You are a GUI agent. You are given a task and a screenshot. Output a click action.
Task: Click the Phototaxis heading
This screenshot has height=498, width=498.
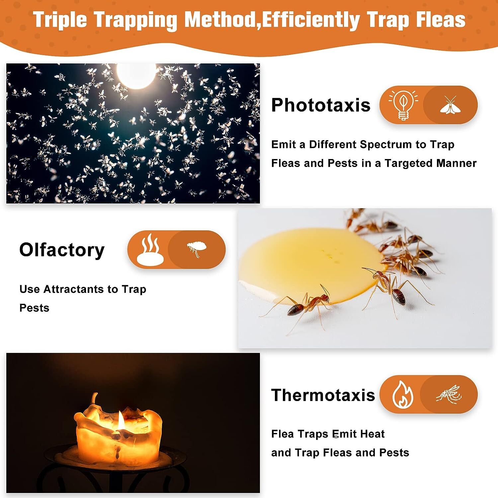click(320, 105)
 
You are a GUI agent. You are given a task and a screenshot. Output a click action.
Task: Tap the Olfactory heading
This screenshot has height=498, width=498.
click(62, 250)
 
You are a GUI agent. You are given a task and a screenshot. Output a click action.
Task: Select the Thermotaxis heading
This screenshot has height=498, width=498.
click(323, 395)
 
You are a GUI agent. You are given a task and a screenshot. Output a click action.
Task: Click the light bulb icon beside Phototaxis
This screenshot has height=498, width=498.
click(403, 105)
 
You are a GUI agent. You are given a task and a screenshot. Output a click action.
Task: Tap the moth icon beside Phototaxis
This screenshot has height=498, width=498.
click(450, 105)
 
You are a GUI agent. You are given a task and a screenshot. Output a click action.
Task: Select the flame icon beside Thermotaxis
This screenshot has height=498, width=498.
click(402, 394)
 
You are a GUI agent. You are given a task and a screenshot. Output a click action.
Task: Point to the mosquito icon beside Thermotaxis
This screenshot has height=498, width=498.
click(449, 394)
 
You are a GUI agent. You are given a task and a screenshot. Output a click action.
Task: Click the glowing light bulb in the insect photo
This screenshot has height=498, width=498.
click(136, 75)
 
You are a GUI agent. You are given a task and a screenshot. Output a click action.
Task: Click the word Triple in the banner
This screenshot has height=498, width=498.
click(60, 20)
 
